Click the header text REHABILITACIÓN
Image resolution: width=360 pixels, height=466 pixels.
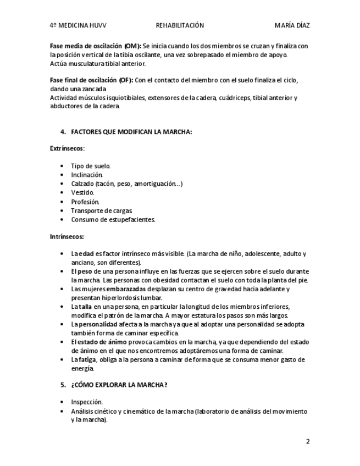click(180, 25)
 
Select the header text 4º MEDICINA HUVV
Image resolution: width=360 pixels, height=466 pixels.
click(78, 25)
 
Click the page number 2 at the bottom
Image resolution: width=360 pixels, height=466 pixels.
click(308, 441)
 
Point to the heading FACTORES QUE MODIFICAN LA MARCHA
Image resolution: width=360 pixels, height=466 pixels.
click(131, 132)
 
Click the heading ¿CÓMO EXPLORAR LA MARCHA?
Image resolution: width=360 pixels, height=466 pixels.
click(119, 385)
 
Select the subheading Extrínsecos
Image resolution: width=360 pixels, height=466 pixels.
click(67, 148)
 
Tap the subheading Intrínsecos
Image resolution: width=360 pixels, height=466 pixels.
click(67, 236)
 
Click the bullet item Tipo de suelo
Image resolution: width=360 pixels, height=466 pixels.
click(91, 166)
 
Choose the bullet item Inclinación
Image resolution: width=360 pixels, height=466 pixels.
click(87, 175)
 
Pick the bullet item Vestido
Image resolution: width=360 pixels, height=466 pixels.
click(82, 193)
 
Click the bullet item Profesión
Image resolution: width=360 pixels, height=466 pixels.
click(85, 202)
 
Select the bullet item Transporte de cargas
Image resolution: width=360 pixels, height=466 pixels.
click(102, 210)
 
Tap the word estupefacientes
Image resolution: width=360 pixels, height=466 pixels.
click(131, 219)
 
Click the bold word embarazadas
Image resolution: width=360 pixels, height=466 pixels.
click(126, 289)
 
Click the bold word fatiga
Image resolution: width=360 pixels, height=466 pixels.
click(87, 360)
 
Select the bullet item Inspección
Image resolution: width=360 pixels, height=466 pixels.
click(87, 402)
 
